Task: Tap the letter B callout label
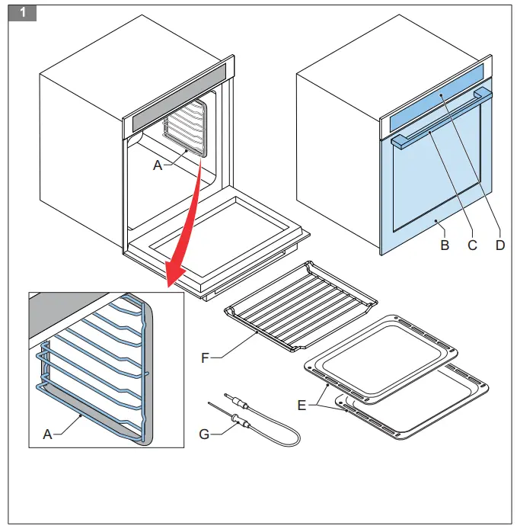(x=445, y=245)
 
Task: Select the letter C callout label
(x=472, y=245)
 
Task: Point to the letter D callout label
(x=500, y=245)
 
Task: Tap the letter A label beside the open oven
(x=158, y=165)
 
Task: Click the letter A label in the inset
(x=47, y=434)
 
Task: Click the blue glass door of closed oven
(x=434, y=183)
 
